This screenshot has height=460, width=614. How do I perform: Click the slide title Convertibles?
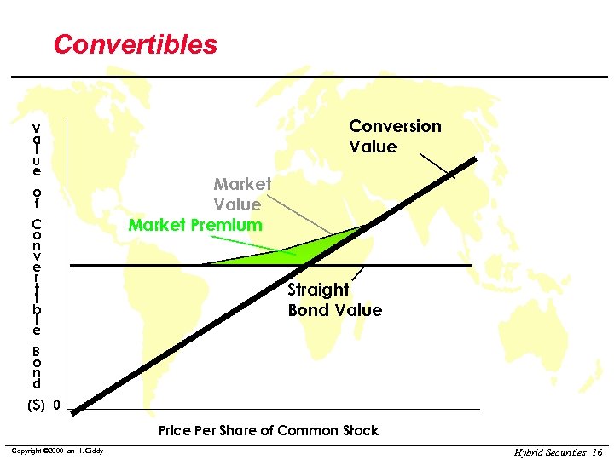[x=136, y=44]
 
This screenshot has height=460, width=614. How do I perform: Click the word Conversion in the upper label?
[x=395, y=126]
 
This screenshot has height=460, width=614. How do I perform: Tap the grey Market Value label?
[x=241, y=194]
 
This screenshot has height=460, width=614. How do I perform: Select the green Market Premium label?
[x=195, y=225]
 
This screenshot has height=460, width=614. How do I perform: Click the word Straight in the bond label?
[x=318, y=290]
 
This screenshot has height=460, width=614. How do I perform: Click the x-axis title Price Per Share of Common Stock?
[x=269, y=430]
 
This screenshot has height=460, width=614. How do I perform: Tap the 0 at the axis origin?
[x=56, y=405]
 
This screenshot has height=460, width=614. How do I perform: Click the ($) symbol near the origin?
[x=37, y=405]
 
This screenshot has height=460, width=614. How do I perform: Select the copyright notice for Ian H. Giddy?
[x=56, y=450]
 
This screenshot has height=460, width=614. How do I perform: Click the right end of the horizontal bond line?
[x=469, y=266]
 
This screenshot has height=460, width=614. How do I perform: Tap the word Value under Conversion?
[x=373, y=147]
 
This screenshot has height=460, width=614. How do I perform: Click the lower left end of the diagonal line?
[x=75, y=412]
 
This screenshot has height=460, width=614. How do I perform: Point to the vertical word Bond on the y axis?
[x=37, y=367]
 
